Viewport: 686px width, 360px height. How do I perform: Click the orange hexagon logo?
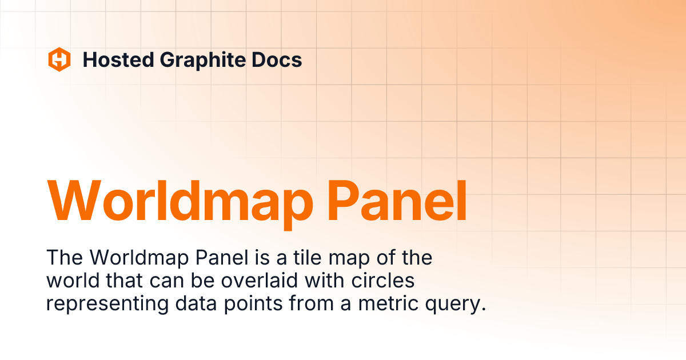point(59,59)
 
